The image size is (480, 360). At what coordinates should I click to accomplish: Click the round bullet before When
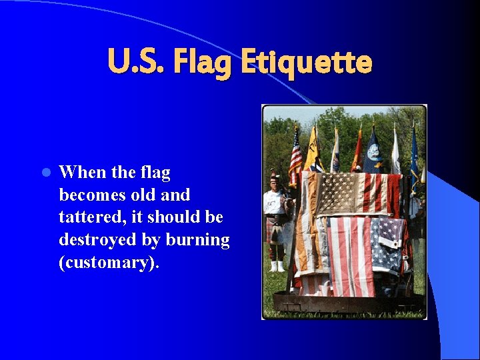tap(45, 173)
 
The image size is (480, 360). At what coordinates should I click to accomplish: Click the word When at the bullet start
tap(82, 172)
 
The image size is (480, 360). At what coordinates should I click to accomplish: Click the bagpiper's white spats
tap(277, 266)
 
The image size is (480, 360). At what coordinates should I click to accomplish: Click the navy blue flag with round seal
tap(373, 152)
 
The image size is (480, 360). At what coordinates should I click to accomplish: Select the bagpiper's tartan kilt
tap(273, 230)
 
